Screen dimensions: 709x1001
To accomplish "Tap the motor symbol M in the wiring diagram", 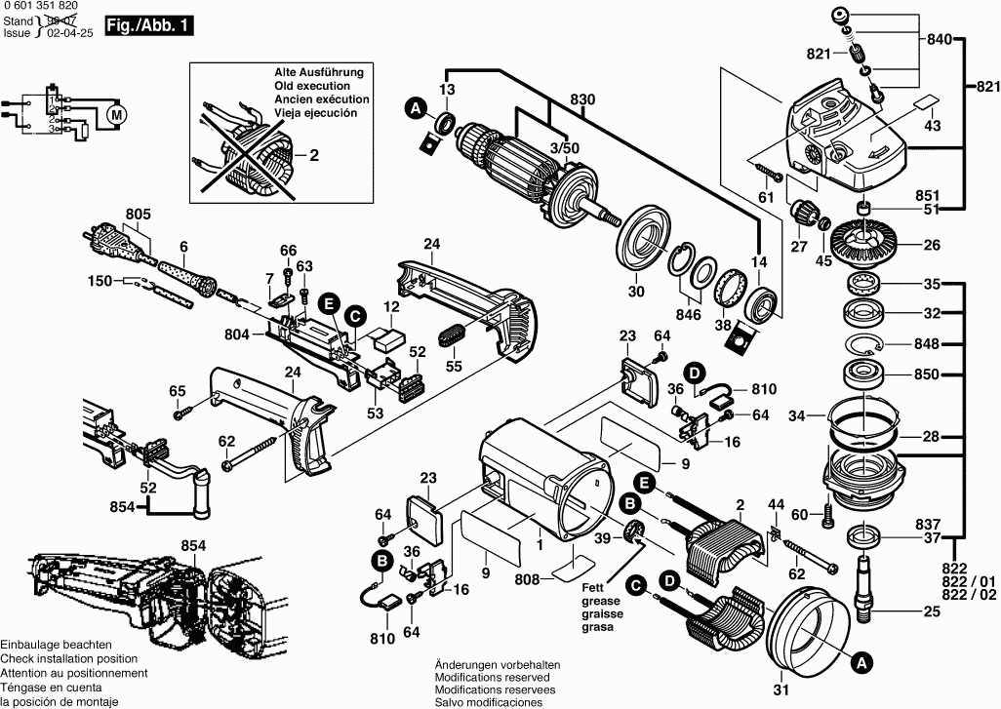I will click(117, 115).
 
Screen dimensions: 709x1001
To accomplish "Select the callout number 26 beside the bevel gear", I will click(932, 245).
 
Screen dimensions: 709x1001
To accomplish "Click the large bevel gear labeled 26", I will click(870, 240).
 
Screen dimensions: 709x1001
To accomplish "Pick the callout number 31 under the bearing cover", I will click(780, 690).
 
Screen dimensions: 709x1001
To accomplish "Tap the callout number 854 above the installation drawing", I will click(194, 546).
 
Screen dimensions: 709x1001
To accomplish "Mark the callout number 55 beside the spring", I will click(454, 367).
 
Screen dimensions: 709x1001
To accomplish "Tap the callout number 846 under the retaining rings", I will click(689, 316).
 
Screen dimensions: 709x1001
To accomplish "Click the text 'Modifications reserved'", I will click(492, 677).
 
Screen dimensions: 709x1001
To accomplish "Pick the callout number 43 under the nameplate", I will click(932, 126).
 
